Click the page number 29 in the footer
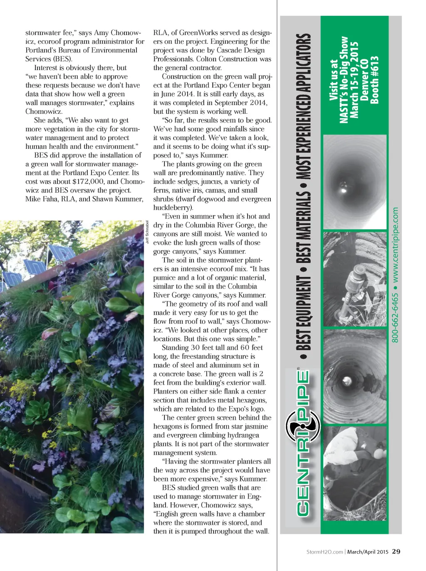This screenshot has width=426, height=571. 396,551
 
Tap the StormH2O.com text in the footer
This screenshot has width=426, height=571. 324,552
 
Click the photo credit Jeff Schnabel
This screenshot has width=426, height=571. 147,232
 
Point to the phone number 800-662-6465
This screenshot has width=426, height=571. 395,318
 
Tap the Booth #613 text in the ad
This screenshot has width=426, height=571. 374,80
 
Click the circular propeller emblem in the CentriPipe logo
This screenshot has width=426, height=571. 302,426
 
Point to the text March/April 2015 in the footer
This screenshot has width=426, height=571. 368,552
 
